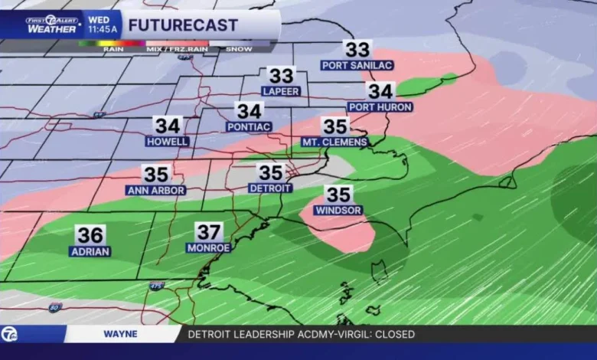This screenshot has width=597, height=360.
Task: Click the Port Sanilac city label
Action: tap(357, 66)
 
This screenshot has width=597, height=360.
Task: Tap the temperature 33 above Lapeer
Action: tap(281, 75)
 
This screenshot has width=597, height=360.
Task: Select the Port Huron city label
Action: tap(380, 107)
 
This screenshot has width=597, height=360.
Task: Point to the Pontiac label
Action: tap(249, 126)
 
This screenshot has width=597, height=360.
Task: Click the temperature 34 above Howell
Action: tap(168, 125)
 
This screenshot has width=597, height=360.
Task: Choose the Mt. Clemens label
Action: tap(334, 142)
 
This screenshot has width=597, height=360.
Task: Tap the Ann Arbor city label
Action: tap(155, 190)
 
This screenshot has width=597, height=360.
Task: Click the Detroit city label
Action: tap(270, 188)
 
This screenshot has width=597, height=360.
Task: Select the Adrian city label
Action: tap(90, 251)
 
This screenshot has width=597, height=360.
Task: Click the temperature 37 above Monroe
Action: tap(209, 231)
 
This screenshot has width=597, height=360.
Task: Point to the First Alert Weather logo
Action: tap(52, 24)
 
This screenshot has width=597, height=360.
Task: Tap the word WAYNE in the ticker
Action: tap(121, 334)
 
